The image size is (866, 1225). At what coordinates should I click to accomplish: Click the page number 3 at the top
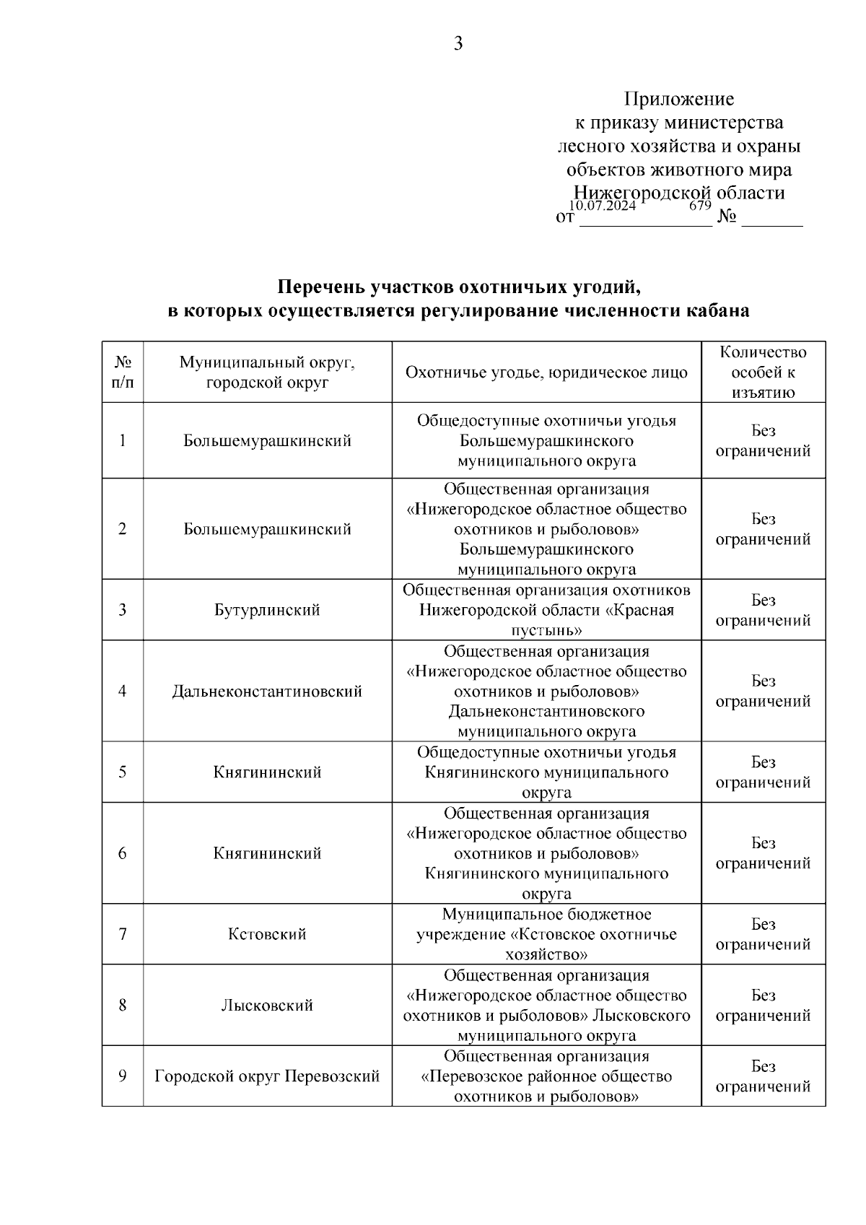point(458,44)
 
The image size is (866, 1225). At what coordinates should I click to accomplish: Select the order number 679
point(700,205)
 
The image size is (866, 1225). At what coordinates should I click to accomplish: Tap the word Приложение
point(678,99)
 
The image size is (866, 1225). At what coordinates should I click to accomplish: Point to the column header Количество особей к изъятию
point(763,372)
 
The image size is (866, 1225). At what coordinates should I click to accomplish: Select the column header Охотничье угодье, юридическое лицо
point(546,372)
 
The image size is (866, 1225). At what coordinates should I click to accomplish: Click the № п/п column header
point(123,372)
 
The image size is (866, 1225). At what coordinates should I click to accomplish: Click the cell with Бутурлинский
point(267,610)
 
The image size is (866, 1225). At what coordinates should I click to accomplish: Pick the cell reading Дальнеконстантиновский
point(267,692)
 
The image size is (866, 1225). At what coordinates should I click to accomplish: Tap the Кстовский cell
point(267,934)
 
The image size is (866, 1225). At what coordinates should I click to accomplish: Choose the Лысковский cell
point(267,1005)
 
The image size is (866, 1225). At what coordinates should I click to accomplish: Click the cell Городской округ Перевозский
point(267,1076)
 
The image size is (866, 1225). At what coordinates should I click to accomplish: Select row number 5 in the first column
point(123,772)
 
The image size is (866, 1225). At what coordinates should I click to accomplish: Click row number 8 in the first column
point(123,1005)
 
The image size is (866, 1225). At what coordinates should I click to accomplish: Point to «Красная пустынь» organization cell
point(546,610)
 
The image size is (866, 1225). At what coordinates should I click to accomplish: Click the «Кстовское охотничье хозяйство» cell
point(546,934)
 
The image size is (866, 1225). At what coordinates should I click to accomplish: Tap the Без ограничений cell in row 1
point(763,440)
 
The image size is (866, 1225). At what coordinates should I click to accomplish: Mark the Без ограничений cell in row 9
point(763,1076)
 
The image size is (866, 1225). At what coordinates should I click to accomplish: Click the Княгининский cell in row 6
point(267,853)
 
